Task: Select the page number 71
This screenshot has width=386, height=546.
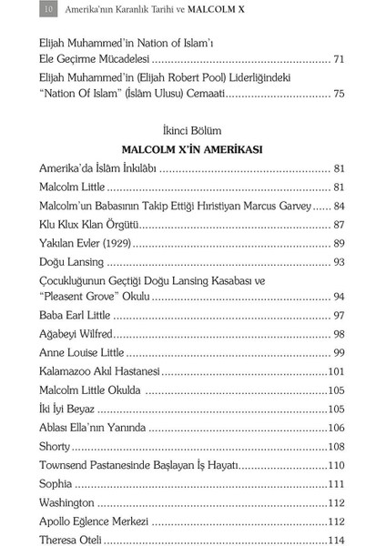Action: (339, 59)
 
